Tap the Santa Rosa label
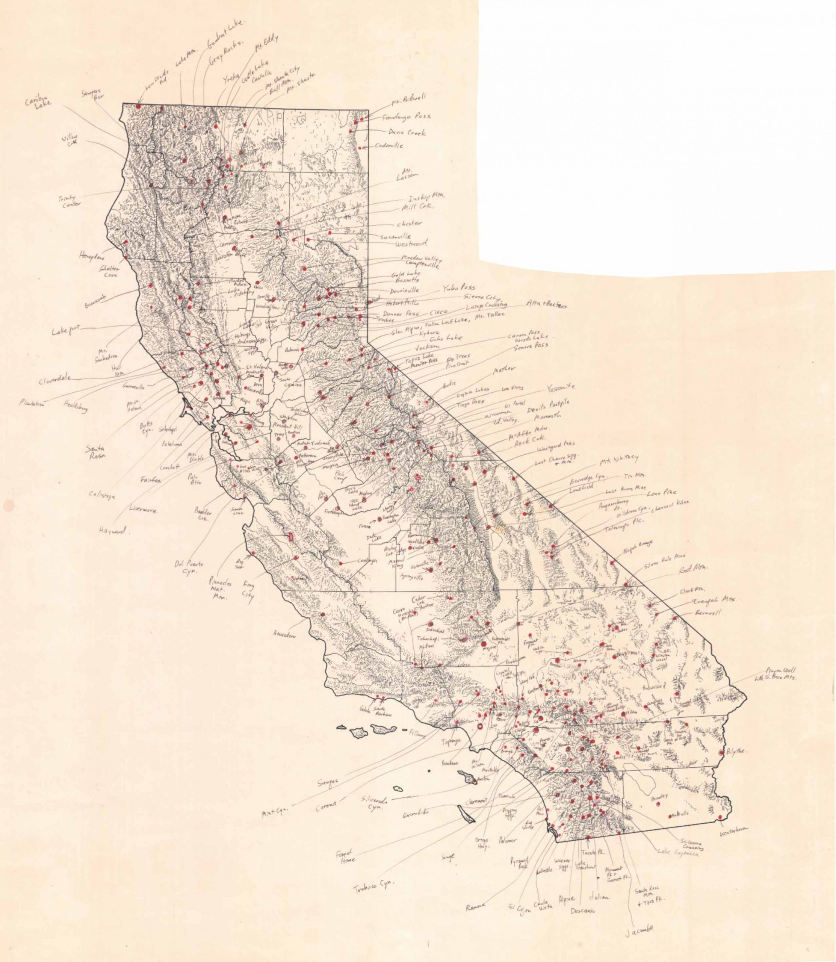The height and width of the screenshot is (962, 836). tap(95, 452)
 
